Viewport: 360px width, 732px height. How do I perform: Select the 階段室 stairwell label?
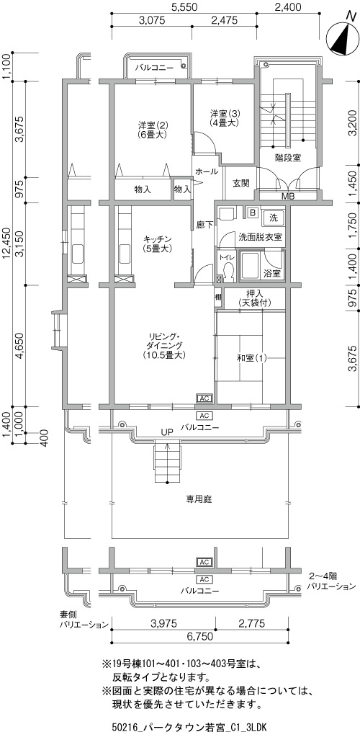point(288,157)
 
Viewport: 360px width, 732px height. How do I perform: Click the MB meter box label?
point(288,196)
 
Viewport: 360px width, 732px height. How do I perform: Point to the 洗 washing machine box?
point(274,217)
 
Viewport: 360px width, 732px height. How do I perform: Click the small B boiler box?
point(253,213)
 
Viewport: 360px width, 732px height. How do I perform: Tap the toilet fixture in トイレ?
point(228,271)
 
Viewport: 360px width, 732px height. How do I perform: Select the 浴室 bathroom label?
point(272,273)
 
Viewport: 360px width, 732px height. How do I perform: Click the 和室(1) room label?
point(251,358)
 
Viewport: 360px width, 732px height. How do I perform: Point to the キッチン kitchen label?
point(158,240)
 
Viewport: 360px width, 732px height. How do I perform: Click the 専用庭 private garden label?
point(199,499)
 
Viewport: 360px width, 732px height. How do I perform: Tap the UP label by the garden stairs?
point(167,432)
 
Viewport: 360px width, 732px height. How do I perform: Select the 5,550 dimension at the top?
point(184,6)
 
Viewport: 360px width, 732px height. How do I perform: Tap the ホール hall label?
point(207,171)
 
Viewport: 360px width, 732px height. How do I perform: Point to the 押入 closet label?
point(254,294)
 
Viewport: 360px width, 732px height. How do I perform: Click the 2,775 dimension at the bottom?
point(251,622)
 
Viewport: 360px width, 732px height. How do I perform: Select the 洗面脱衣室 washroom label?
point(260,237)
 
